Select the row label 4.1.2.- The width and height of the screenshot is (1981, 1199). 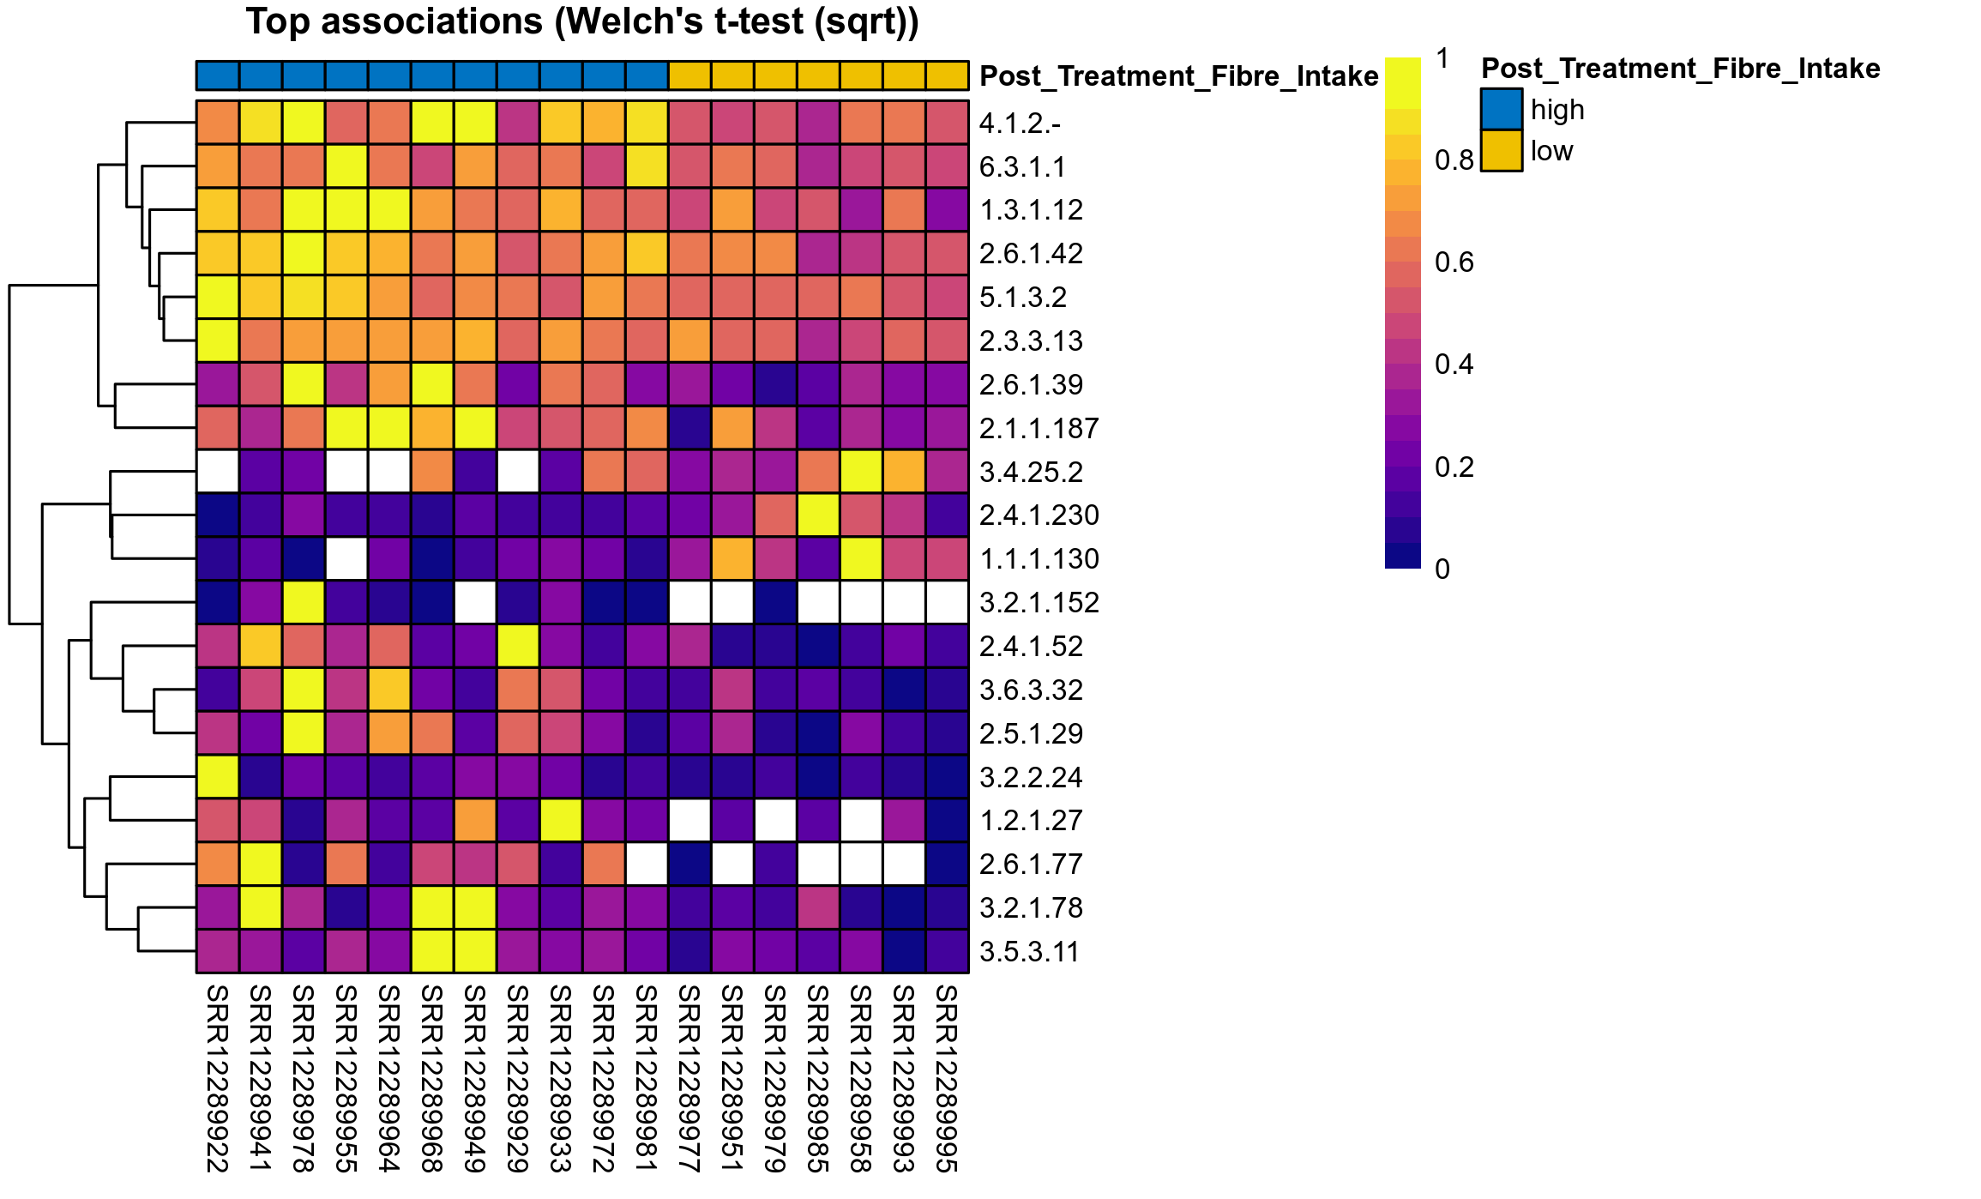pos(1020,124)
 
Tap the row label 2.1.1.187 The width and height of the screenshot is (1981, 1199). pos(1039,428)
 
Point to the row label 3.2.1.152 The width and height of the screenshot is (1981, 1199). pos(1039,602)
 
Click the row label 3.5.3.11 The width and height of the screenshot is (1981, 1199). pos(1028,951)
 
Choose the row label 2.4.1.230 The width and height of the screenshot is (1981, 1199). pos(1039,515)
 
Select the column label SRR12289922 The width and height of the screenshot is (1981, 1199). pos(218,1078)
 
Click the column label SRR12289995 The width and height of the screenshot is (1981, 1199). pos(947,1078)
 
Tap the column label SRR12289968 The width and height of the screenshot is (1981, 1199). pos(432,1078)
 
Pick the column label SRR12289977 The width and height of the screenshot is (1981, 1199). pos(689,1078)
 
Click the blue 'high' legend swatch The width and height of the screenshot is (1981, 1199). pos(1501,110)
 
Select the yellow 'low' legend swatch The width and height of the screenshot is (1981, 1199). pos(1501,151)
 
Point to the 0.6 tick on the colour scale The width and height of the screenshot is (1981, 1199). pos(1454,262)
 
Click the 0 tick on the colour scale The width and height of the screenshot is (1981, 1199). pos(1442,569)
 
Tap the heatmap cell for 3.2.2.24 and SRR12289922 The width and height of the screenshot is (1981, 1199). pos(218,777)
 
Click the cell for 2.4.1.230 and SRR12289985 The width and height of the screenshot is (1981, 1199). pos(818,515)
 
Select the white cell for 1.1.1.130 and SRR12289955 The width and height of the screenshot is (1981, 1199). pos(346,559)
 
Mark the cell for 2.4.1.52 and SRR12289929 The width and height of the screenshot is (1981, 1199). pos(518,646)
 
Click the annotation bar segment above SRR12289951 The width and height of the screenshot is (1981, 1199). pos(732,75)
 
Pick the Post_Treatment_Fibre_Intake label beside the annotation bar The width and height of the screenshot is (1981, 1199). pos(1178,76)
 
